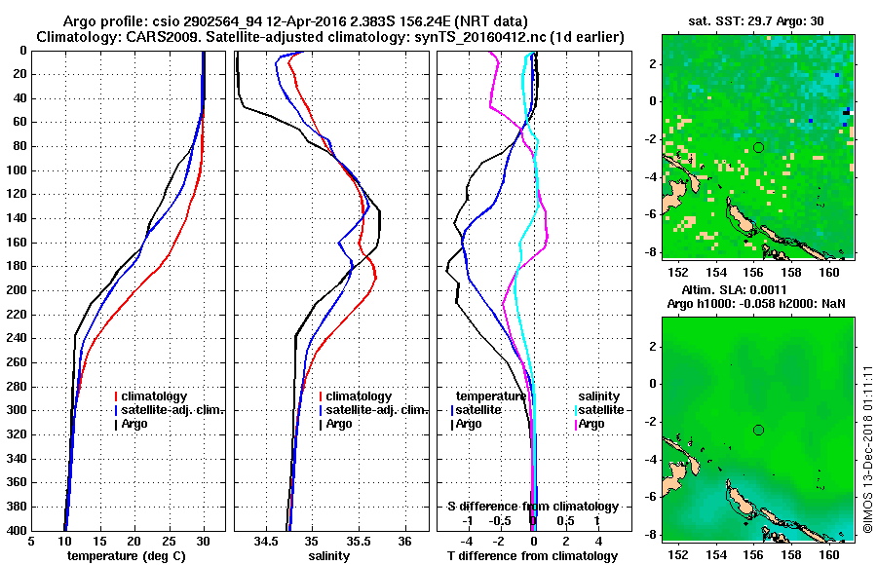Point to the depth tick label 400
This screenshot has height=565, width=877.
coord(19,530)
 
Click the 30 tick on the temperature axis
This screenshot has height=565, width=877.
coord(203,542)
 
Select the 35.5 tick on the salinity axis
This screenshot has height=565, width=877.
coord(358,542)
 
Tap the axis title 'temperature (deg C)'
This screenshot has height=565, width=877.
coord(127,556)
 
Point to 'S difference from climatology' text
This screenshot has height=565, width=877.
coord(533,507)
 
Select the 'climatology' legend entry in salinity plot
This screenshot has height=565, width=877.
coord(359,396)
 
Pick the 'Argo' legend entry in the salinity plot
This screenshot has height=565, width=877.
coord(339,424)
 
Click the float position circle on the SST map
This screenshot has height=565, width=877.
coord(758,147)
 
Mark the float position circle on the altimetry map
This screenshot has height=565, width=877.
coord(758,430)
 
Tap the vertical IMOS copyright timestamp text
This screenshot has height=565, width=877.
coord(867,447)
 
